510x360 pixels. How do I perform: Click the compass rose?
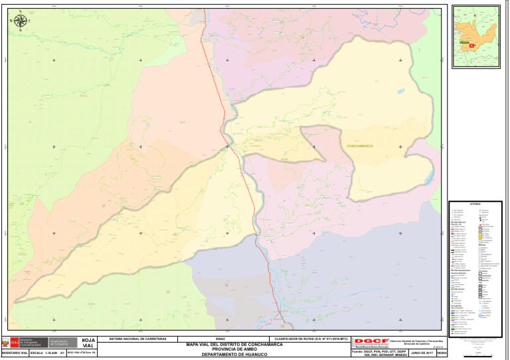(x=21, y=21)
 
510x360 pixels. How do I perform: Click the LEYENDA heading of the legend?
(x=475, y=205)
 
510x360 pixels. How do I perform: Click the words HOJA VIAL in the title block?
(x=88, y=343)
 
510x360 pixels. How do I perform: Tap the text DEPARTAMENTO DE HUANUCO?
(x=229, y=354)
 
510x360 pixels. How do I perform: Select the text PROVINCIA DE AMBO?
(x=229, y=349)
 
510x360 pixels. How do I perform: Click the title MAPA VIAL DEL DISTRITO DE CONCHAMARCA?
(x=229, y=344)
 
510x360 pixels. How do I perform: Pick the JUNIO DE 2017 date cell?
(x=421, y=353)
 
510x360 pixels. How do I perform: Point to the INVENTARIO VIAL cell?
(x=15, y=353)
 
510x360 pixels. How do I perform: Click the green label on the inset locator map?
(x=461, y=41)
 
